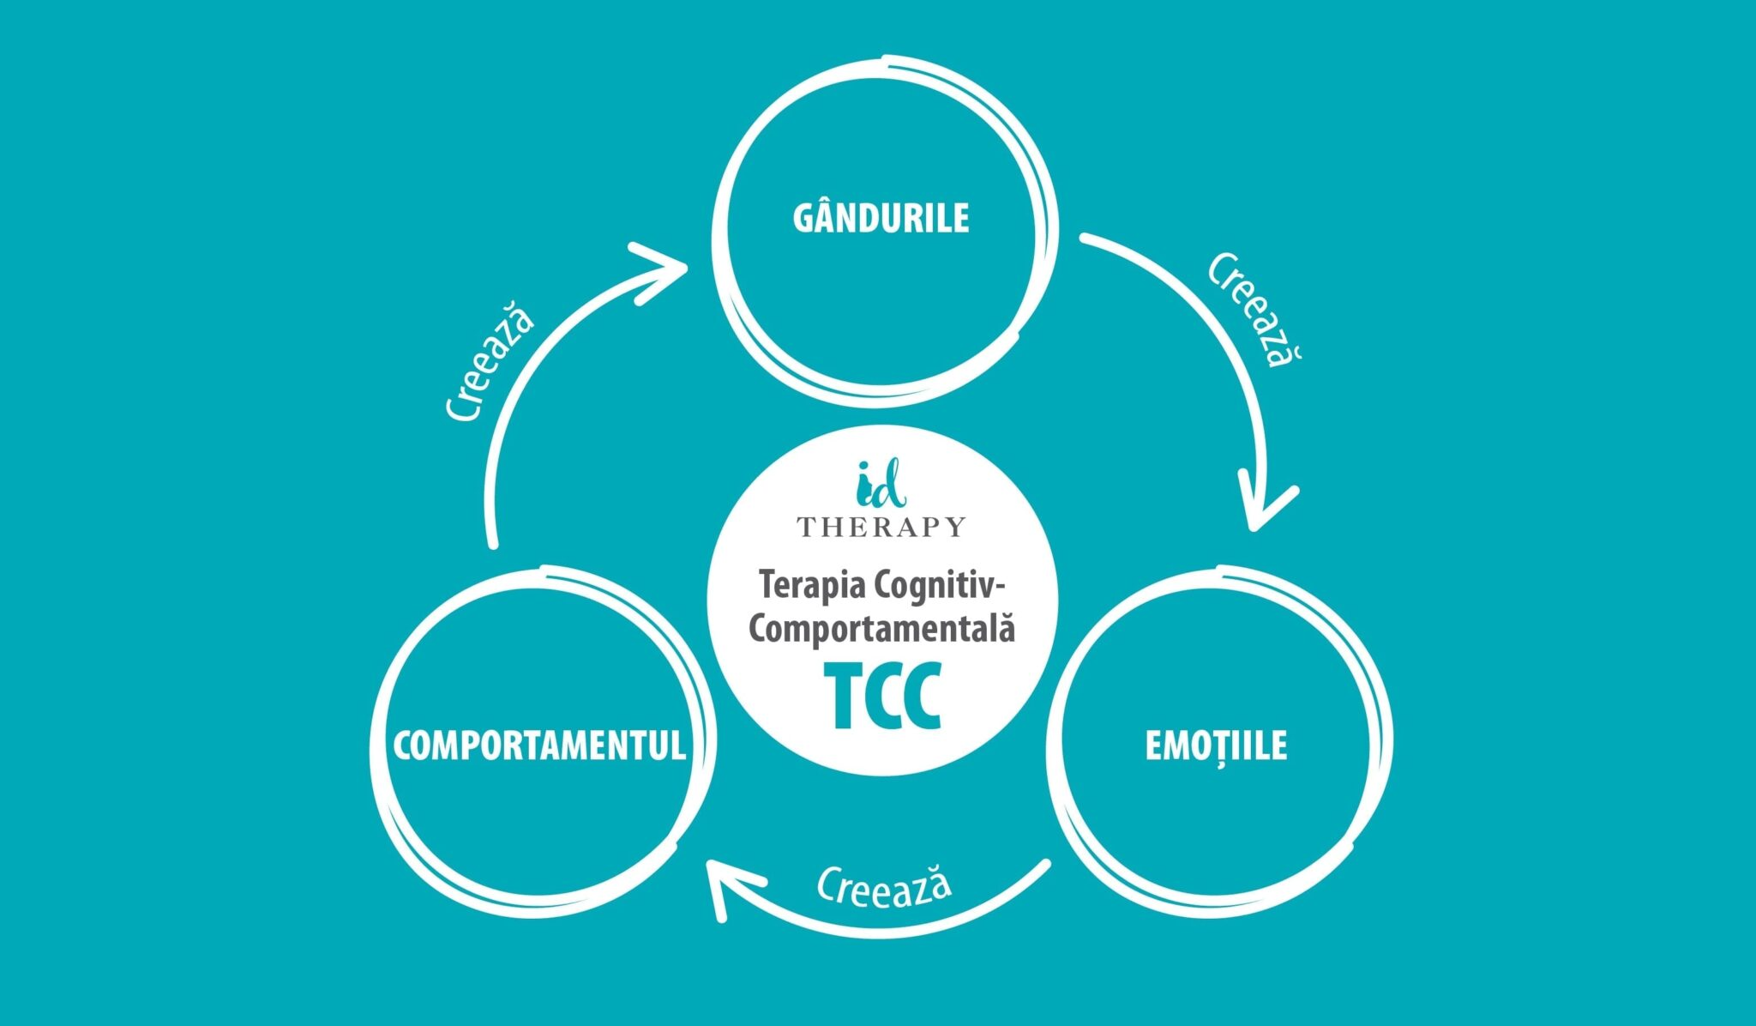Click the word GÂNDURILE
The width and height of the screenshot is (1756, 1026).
point(881,218)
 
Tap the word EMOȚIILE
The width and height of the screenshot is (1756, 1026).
point(1216,745)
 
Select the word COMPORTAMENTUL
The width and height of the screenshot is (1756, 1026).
point(539,745)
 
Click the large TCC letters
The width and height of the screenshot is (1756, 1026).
point(882,697)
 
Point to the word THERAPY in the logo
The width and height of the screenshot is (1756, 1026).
point(881,526)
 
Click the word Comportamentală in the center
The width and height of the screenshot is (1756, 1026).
point(881,628)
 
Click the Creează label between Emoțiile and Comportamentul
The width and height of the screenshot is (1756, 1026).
point(883,886)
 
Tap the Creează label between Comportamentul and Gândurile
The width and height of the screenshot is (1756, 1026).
point(490,360)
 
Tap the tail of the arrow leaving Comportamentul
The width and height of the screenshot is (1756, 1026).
point(492,540)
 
